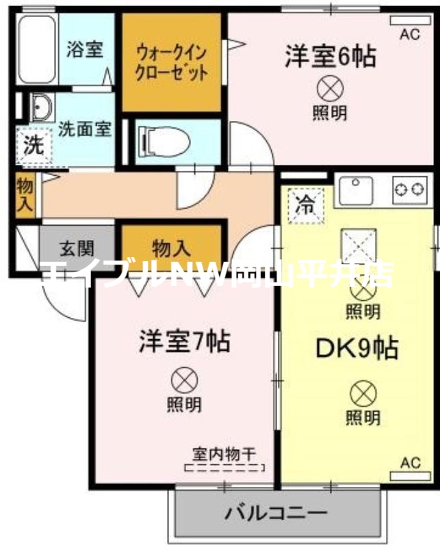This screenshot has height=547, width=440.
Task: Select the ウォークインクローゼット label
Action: [171, 62]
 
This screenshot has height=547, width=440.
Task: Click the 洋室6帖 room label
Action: [331, 57]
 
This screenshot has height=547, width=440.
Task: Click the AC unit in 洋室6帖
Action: [409, 19]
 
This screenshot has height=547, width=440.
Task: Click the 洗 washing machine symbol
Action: [31, 145]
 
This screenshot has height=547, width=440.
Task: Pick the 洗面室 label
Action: [85, 129]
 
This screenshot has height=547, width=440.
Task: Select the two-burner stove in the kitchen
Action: [409, 189]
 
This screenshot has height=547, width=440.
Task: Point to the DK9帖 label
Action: [356, 349]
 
